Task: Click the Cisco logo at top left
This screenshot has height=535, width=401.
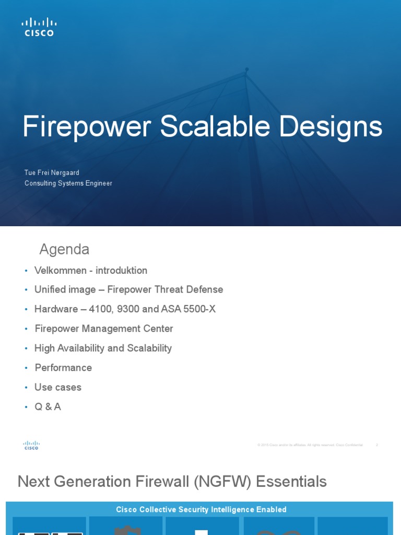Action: pyautogui.click(x=39, y=27)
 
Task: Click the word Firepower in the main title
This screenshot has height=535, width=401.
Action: pyautogui.click(x=87, y=127)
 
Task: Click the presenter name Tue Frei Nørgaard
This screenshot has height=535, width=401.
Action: pyautogui.click(x=52, y=173)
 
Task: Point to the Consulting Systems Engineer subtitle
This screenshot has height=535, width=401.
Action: pyautogui.click(x=68, y=183)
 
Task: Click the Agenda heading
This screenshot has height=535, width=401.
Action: pyautogui.click(x=64, y=250)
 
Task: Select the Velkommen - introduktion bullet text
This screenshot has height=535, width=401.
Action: pyautogui.click(x=91, y=271)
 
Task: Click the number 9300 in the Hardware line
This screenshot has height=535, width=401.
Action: pyautogui.click(x=128, y=309)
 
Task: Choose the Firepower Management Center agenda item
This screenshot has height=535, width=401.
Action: pyautogui.click(x=104, y=329)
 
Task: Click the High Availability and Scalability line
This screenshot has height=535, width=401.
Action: pyautogui.click(x=103, y=348)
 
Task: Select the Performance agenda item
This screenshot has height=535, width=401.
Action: pyautogui.click(x=63, y=368)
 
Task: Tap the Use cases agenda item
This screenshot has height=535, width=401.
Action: pyautogui.click(x=58, y=387)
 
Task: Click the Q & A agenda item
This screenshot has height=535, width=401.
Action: pyautogui.click(x=48, y=407)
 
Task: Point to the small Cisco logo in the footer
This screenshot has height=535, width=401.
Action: pyautogui.click(x=31, y=445)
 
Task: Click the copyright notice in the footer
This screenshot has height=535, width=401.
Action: pyautogui.click(x=310, y=445)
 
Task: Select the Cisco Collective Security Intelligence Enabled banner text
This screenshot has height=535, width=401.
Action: pyautogui.click(x=201, y=509)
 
